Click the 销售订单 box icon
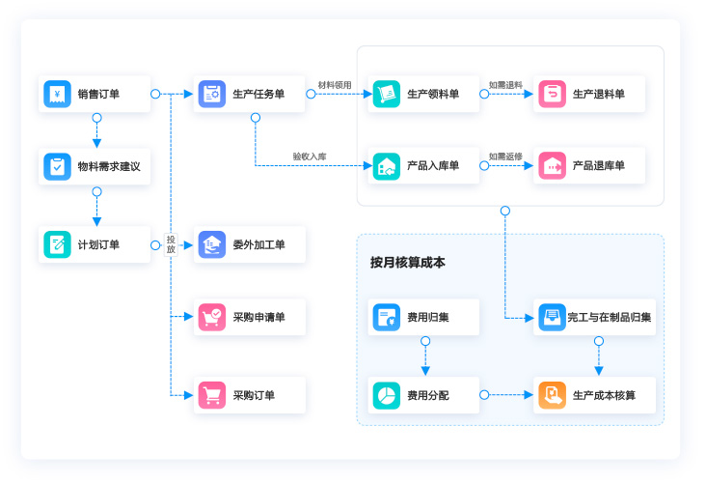click(58, 95)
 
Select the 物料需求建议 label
click(108, 167)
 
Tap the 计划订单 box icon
click(58, 244)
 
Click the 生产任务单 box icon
click(212, 95)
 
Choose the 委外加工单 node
click(250, 245)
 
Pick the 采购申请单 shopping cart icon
click(212, 317)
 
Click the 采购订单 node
click(250, 395)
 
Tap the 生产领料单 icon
click(387, 95)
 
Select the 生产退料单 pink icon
click(552, 95)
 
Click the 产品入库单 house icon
click(387, 166)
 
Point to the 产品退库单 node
click(590, 166)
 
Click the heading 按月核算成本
click(407, 263)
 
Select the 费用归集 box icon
click(387, 317)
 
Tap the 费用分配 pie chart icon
click(387, 395)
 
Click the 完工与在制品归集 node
click(596, 317)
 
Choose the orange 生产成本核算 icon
click(552, 395)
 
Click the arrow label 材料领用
click(336, 85)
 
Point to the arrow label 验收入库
click(310, 156)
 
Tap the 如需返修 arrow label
click(505, 156)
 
